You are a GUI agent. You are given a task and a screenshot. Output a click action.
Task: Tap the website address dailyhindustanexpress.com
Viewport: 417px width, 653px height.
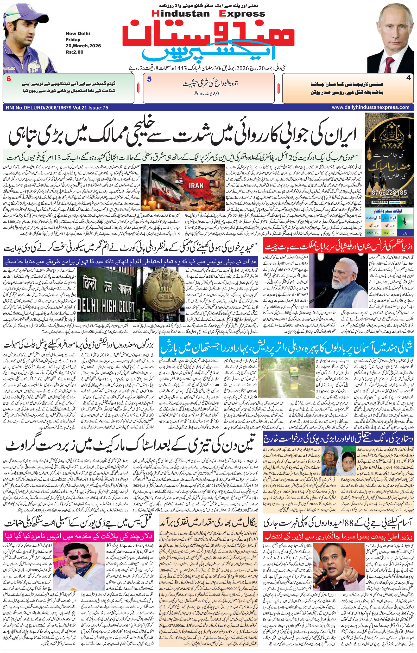tap(370, 107)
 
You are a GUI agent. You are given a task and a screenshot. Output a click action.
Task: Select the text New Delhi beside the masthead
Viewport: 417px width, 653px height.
tap(78, 34)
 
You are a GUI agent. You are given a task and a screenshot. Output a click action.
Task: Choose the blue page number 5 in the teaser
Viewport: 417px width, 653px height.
tap(149, 79)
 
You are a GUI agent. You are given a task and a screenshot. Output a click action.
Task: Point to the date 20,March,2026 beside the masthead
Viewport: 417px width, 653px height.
tap(79, 46)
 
